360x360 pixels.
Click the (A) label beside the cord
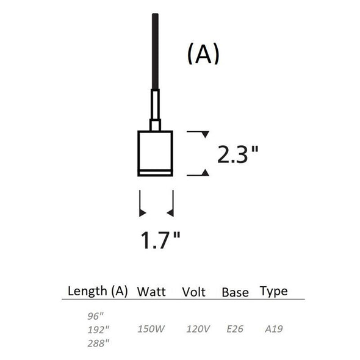point(203,54)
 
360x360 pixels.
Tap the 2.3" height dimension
point(238,154)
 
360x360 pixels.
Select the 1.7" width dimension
point(160,240)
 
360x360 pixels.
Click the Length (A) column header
point(98,291)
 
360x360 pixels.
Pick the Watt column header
point(151,292)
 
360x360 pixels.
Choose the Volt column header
point(194,292)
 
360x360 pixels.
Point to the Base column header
point(235,292)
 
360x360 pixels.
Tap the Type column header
point(274,292)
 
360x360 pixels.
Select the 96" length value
point(96,317)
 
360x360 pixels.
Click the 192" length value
point(98,330)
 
